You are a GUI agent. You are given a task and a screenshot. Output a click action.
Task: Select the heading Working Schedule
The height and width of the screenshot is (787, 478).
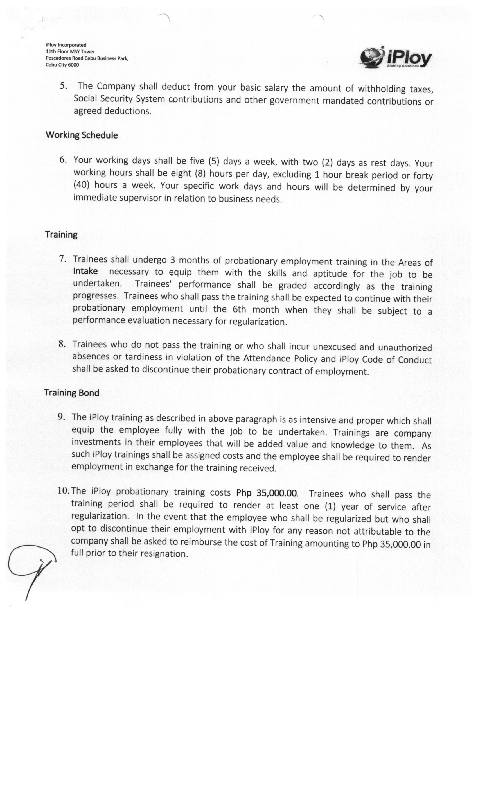coord(82,135)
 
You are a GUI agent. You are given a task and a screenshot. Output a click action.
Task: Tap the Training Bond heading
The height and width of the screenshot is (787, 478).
coord(72,393)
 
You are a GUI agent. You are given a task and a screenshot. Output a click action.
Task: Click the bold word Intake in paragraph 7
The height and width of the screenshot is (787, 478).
coord(85,271)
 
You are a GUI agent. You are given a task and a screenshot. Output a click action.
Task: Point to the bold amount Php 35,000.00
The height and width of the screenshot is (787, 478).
coord(267,493)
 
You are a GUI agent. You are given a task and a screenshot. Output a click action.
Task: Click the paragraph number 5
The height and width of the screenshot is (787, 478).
coord(63,86)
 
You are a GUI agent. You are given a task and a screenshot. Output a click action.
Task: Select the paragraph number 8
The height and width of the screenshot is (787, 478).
coord(62,344)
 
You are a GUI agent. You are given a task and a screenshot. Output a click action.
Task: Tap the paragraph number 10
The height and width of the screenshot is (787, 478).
coord(64,490)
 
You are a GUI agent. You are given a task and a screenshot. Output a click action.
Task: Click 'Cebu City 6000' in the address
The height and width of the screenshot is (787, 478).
coord(62,65)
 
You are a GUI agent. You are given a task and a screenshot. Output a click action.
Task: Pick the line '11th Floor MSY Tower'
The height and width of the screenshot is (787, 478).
coord(70,52)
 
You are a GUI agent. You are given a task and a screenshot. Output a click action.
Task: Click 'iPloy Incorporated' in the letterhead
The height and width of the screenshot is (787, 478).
coord(66,45)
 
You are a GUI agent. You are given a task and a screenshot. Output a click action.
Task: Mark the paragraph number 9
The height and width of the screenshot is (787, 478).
coord(61,417)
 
